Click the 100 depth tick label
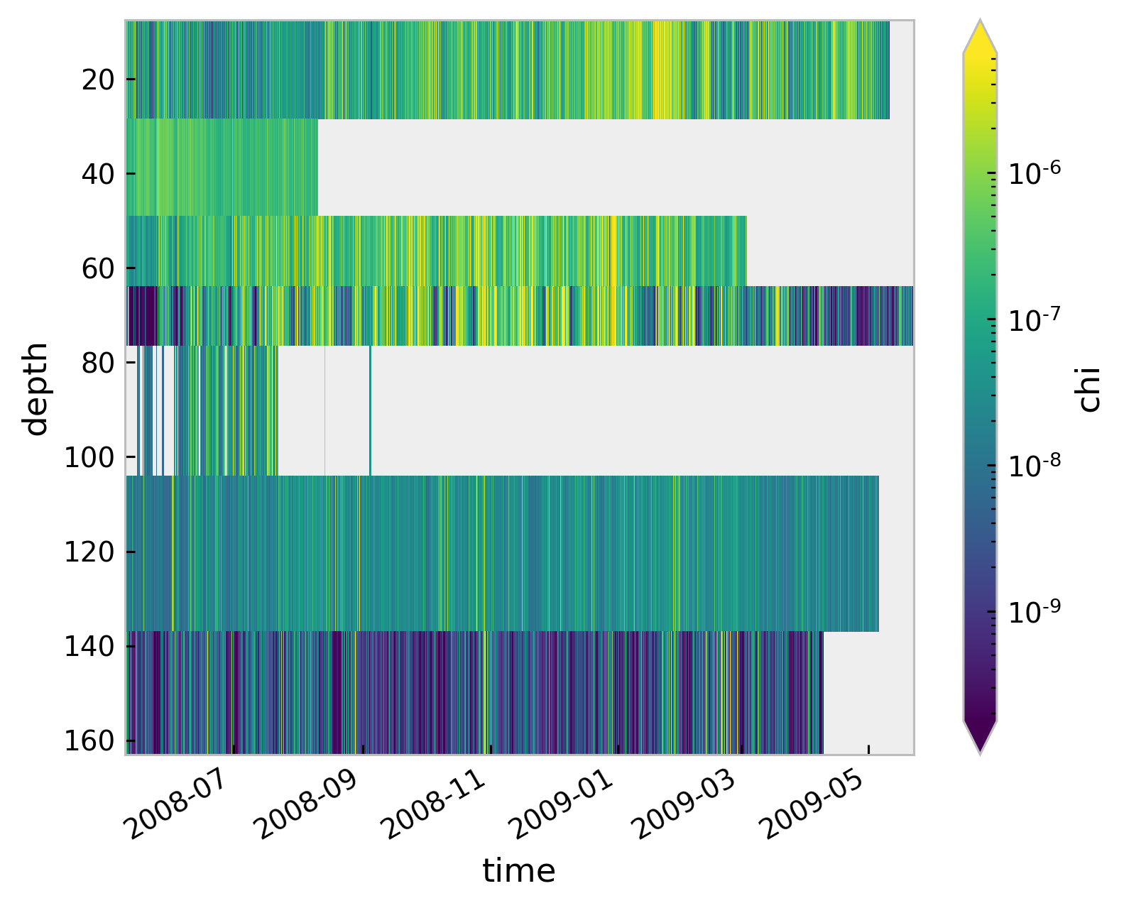click(x=89, y=457)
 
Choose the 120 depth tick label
click(x=89, y=552)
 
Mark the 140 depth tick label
click(x=89, y=646)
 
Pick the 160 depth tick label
click(x=89, y=740)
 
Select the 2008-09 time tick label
click(x=307, y=802)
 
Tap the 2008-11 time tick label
click(x=434, y=802)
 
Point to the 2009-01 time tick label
click(x=562, y=802)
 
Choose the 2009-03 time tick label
click(x=685, y=802)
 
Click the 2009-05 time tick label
click(x=813, y=802)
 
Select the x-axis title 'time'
click(x=519, y=871)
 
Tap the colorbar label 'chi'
click(x=1088, y=388)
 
